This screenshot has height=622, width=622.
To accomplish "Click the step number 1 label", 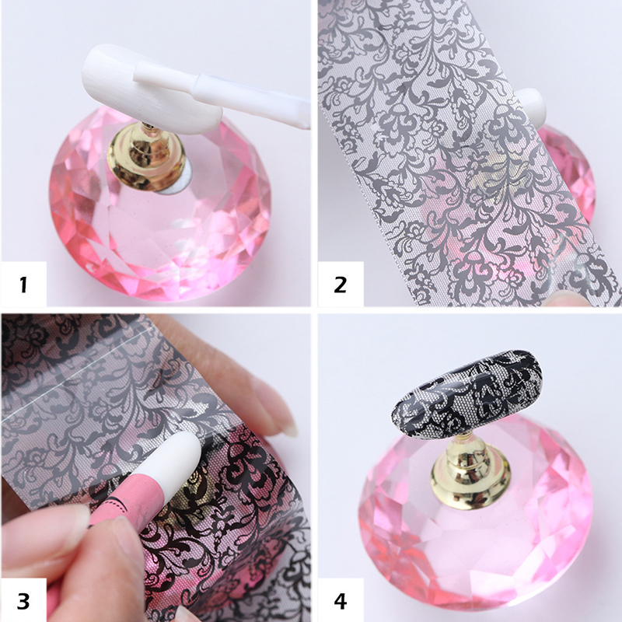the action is (x=23, y=285).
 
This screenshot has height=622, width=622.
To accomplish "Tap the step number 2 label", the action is (x=341, y=285).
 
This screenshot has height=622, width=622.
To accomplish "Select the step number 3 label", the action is (x=23, y=601).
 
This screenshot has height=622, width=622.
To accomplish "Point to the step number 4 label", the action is (x=341, y=601).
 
